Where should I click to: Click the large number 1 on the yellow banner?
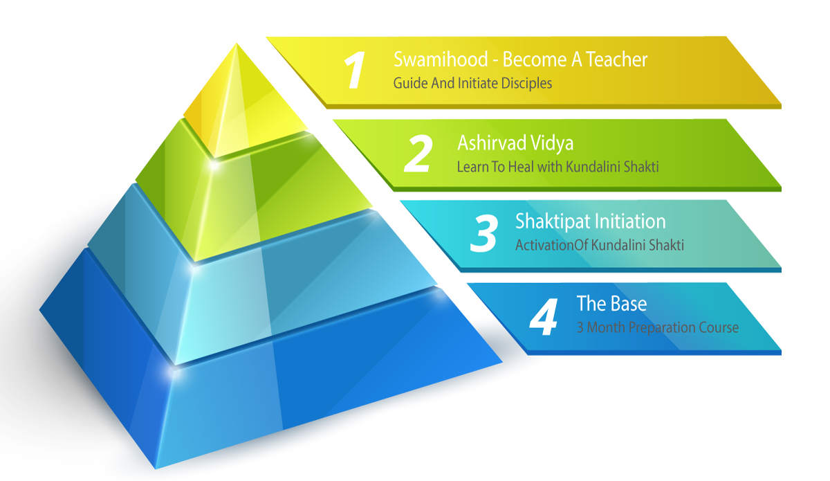(354, 70)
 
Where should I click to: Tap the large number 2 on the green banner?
(418, 153)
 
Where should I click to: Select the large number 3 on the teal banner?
(483, 233)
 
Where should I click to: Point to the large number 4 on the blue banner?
(543, 316)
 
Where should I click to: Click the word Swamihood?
(441, 60)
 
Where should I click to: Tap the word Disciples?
(526, 83)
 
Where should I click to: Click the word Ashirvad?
(491, 143)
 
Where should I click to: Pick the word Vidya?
(552, 144)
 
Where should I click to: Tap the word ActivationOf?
(551, 245)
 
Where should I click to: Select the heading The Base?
(611, 304)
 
